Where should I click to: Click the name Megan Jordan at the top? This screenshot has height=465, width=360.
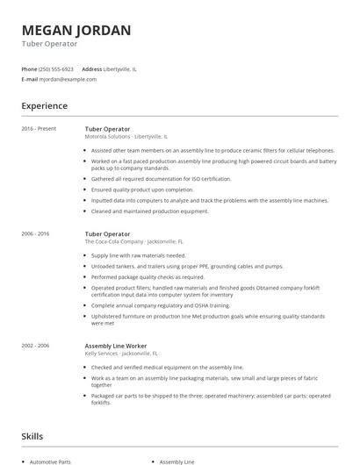click(x=76, y=31)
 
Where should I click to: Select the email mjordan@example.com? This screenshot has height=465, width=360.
click(x=68, y=79)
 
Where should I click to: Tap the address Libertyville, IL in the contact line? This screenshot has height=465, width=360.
click(x=120, y=68)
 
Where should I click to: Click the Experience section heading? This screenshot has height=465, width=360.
click(x=44, y=106)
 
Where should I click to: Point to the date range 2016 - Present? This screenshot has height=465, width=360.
click(x=39, y=129)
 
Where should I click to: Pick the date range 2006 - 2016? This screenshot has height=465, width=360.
click(x=36, y=234)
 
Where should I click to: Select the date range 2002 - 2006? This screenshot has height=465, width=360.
click(x=36, y=346)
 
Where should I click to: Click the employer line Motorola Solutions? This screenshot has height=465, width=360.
click(x=126, y=137)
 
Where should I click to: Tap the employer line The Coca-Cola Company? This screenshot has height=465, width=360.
click(x=133, y=241)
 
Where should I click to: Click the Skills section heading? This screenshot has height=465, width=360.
click(x=33, y=435)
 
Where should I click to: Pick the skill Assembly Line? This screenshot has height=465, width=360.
click(x=177, y=461)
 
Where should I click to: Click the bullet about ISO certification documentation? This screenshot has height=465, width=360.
click(x=148, y=179)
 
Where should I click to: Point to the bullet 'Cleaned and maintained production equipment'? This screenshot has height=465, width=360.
click(x=149, y=211)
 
